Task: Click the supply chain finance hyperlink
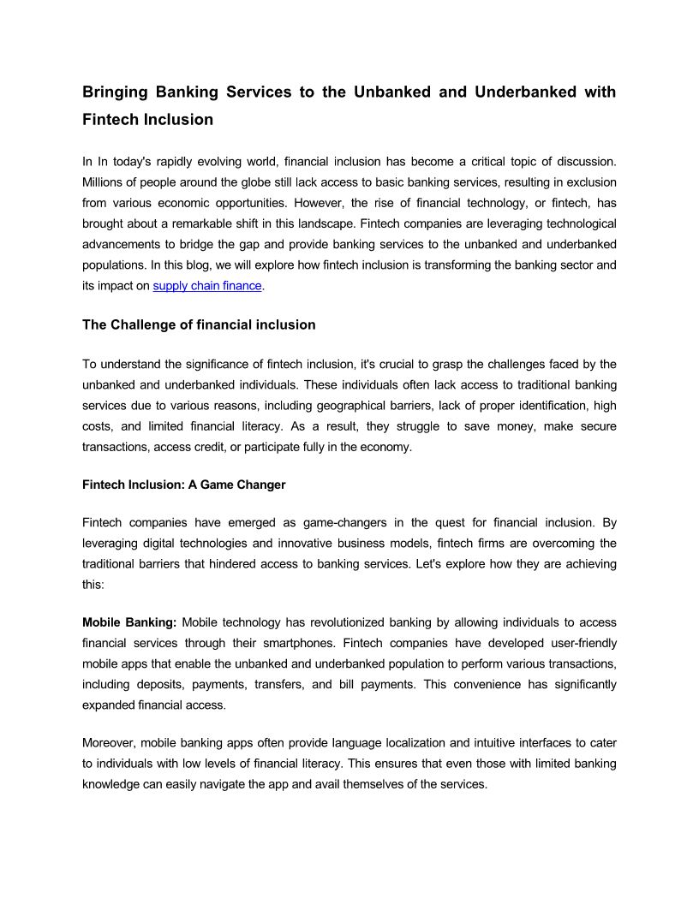point(207,286)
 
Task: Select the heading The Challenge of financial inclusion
point(199,325)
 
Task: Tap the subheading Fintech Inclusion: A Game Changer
point(183,485)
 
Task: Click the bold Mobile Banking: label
point(130,622)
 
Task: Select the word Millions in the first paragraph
point(104,182)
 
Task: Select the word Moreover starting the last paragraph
point(108,742)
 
